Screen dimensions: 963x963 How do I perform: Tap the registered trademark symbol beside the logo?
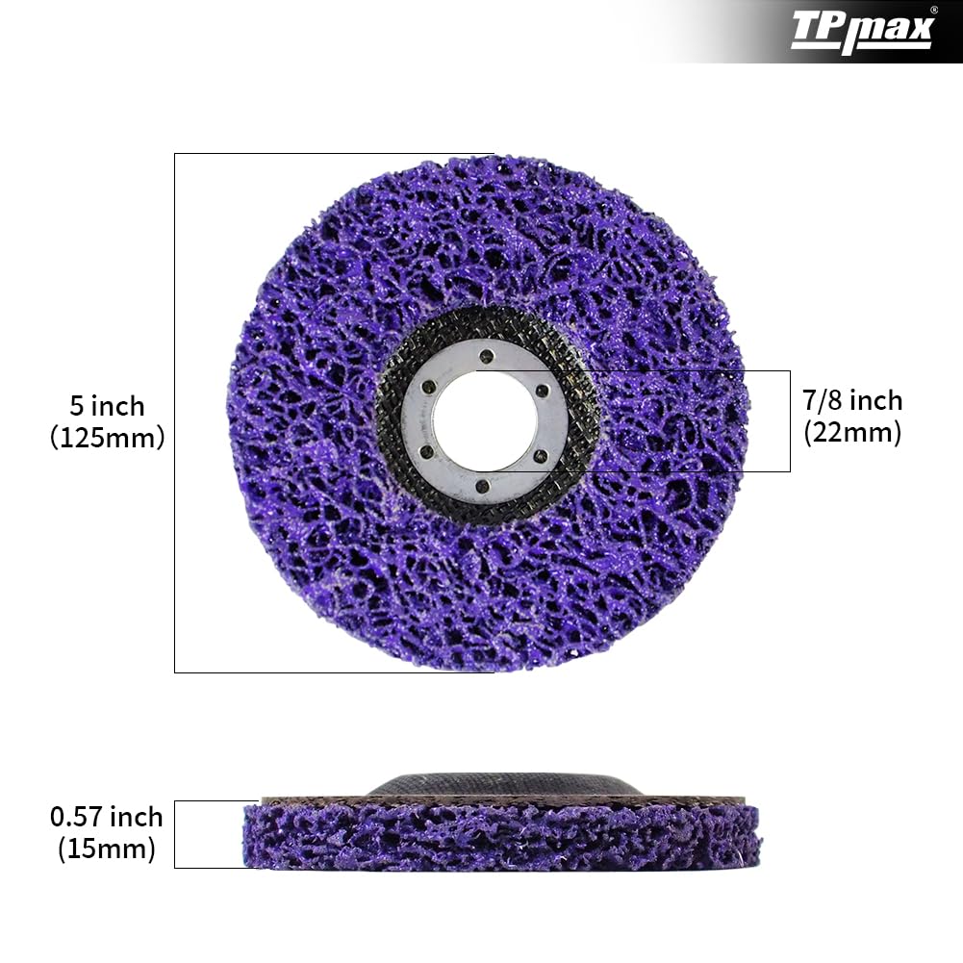pos(934,11)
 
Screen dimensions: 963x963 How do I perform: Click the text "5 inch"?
pos(107,405)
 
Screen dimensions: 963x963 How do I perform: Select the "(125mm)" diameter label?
pos(107,438)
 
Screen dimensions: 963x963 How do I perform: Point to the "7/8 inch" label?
pos(852,400)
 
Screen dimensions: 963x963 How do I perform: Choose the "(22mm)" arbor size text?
pos(852,433)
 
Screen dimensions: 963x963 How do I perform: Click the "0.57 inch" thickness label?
pos(107,818)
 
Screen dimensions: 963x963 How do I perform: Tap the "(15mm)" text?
pos(107,849)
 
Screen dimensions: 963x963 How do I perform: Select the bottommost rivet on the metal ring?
pos(484,488)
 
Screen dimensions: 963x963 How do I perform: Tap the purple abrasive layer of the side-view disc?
pos(500,837)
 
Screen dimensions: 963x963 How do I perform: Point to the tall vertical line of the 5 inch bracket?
pos(174,414)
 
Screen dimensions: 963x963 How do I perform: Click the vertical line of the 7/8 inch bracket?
pos(790,420)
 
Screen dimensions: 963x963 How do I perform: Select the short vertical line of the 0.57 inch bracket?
pos(174,834)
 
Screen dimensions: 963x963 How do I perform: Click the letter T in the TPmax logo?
pos(805,30)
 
